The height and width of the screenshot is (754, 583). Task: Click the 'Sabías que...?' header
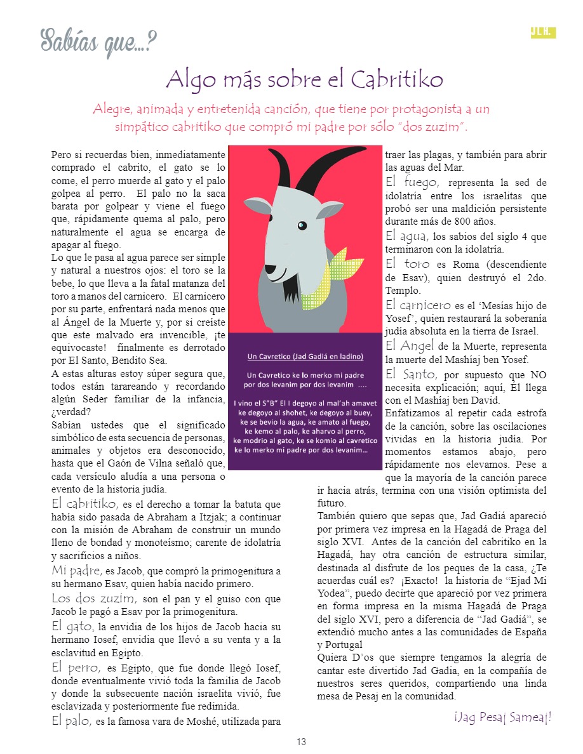click(98, 42)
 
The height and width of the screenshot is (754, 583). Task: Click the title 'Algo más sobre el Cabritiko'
click(304, 81)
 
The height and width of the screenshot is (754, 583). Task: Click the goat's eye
click(302, 225)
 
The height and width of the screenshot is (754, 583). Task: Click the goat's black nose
click(269, 269)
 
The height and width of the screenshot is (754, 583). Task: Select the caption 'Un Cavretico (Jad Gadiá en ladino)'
click(305, 356)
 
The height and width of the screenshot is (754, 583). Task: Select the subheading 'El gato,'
click(72, 626)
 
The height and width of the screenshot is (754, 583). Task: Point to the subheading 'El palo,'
click(72, 720)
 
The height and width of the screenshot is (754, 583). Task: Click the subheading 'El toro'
click(407, 263)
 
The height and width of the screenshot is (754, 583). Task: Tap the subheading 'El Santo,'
click(411, 374)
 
